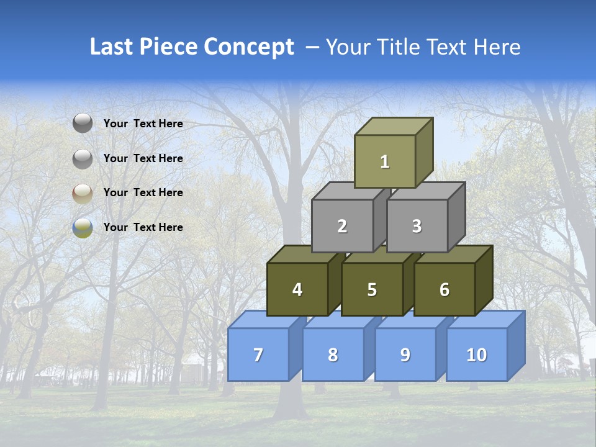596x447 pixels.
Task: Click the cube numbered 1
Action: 385,162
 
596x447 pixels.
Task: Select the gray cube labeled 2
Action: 342,227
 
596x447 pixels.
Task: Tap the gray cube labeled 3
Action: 417,227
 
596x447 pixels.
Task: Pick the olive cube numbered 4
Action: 297,289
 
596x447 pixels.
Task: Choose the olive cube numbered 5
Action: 372,289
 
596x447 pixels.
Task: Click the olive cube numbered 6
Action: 445,289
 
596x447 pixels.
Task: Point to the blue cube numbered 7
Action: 258,354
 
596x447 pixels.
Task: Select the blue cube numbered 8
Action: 333,354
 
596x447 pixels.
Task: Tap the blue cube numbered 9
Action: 405,354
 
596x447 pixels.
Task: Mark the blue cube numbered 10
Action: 476,354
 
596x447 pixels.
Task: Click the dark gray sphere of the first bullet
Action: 83,124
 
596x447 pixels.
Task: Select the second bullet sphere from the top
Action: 83,159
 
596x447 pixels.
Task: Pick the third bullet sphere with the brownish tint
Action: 83,194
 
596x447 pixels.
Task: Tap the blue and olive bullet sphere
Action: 83,228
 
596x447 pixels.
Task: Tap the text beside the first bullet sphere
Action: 143,124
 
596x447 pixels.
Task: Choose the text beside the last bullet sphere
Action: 143,227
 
